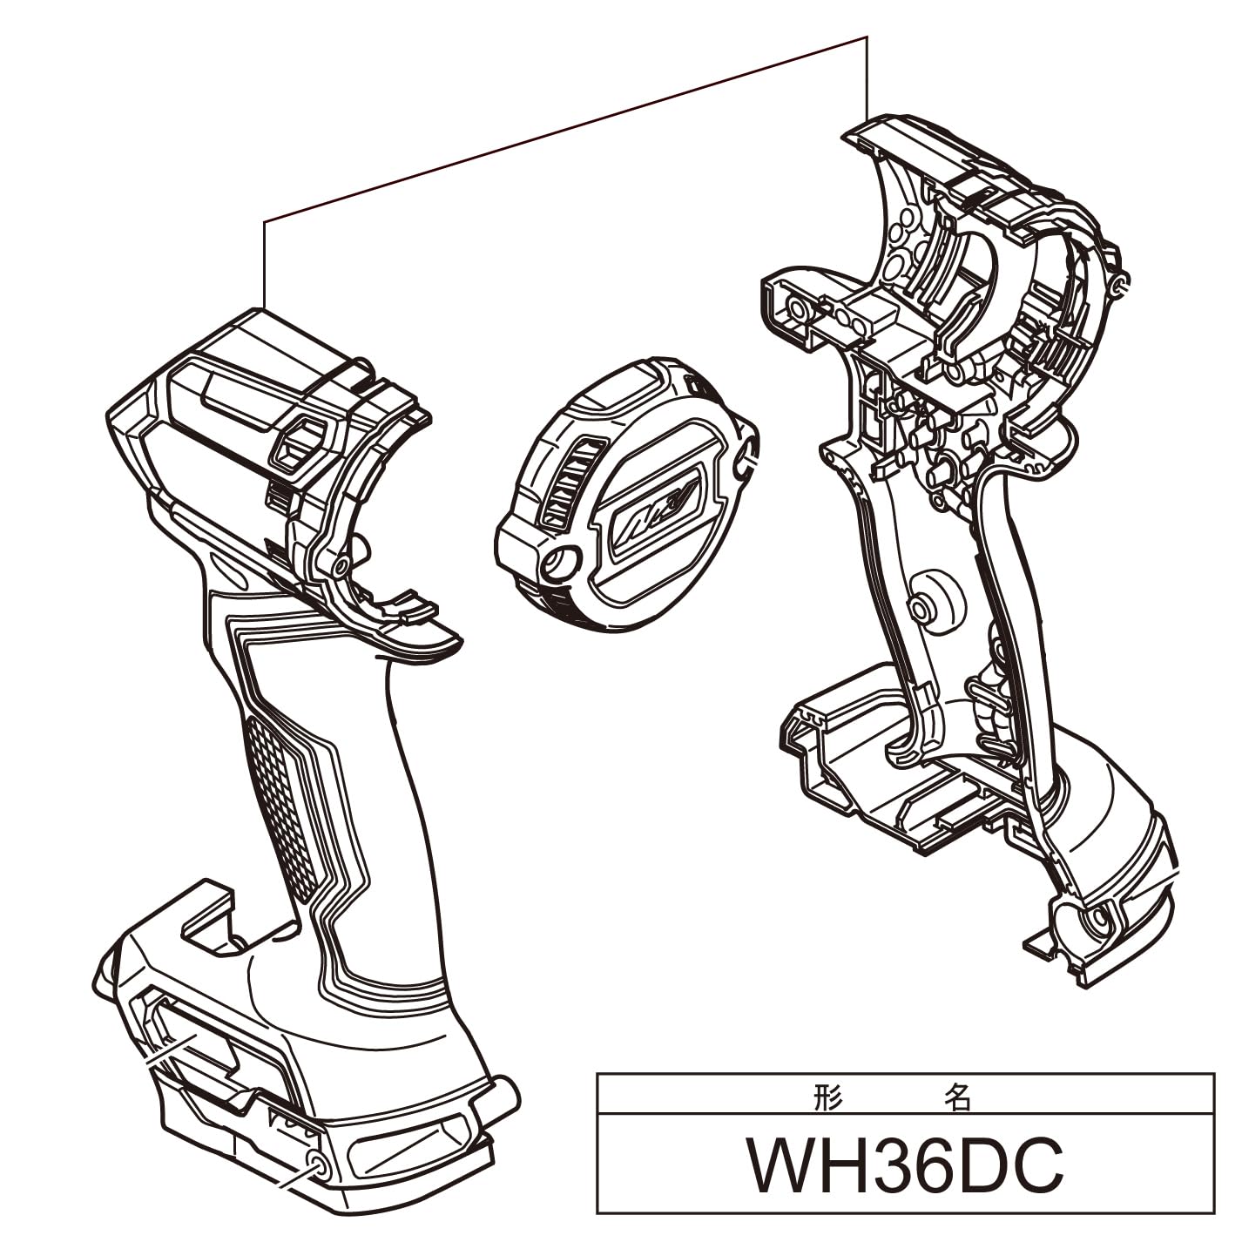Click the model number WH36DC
[905, 1166]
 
